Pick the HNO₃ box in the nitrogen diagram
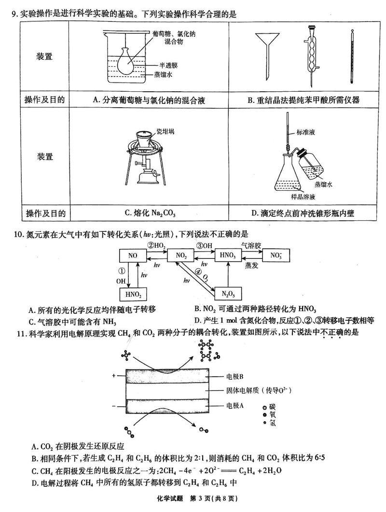(228, 255)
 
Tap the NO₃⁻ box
(276, 255)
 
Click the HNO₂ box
(133, 294)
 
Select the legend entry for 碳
(272, 406)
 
